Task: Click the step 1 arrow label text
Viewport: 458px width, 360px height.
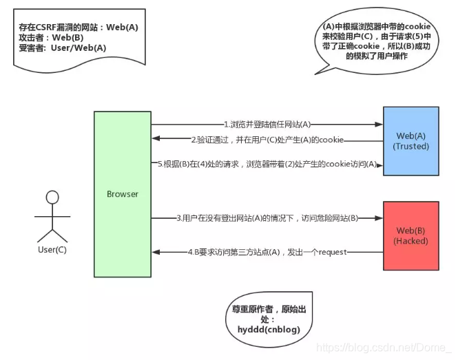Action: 267,125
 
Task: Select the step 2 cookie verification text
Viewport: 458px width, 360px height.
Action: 267,140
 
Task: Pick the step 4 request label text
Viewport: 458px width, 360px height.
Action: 267,253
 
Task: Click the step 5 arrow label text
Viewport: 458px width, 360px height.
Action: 267,164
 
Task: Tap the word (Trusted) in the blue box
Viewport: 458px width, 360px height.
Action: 410,146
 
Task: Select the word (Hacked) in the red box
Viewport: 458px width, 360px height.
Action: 410,241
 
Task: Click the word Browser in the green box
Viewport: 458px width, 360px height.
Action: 123,194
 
